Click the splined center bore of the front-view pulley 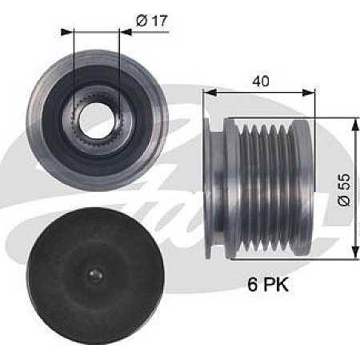pyautogui.click(x=97, y=121)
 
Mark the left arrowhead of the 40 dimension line pyautogui.click(x=210, y=93)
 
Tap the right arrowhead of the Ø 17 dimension pyautogui.click(x=116, y=32)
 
